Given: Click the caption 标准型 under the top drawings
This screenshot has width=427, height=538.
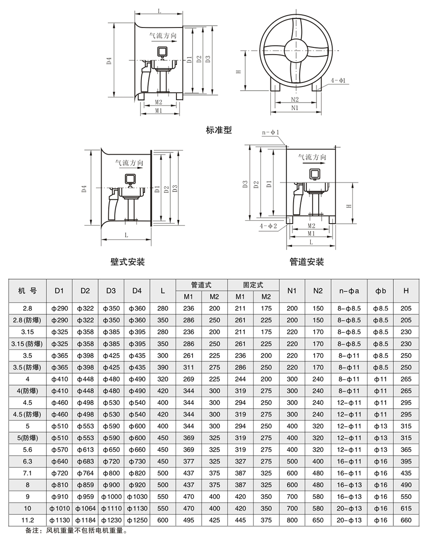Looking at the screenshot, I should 219,130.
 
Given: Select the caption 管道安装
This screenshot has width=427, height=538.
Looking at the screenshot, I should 306,262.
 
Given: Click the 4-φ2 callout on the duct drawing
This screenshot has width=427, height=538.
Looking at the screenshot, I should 269,227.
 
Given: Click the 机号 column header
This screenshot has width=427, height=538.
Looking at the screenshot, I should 27,291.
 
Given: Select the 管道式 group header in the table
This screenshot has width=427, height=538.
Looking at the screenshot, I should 201,285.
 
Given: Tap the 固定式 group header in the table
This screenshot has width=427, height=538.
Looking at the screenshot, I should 253,285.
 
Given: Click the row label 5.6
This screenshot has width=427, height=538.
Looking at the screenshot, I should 27,449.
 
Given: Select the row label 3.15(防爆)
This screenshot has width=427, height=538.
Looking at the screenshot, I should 27,343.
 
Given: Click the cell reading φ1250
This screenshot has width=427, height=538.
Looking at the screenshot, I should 137,520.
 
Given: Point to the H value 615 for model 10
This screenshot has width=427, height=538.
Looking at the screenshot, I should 406,508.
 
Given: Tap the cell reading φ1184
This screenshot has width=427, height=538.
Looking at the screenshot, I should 85,520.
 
